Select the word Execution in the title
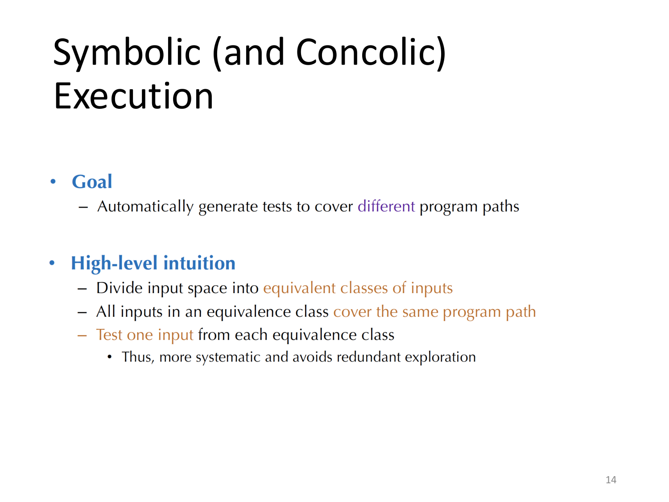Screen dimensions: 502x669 point(133,96)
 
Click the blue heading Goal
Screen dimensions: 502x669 point(92,182)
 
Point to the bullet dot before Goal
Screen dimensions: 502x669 point(53,182)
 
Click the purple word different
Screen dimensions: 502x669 point(386,207)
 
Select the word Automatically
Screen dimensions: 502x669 point(145,207)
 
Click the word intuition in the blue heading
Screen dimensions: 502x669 point(199,263)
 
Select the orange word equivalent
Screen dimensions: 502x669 point(299,288)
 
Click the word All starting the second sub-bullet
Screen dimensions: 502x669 point(106,311)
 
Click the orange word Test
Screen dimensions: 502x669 point(109,335)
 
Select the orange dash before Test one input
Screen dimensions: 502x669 point(82,335)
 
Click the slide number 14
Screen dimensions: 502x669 point(611,480)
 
